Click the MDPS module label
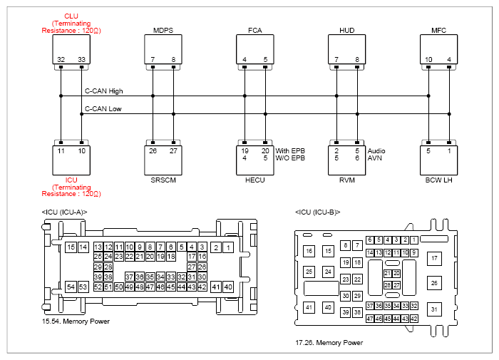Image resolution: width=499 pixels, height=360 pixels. [163, 30]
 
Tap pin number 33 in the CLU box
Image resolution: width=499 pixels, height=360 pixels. [82, 59]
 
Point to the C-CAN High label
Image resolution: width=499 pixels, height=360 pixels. [104, 91]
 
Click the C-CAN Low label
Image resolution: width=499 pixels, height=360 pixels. [103, 109]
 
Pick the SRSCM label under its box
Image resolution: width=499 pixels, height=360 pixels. [163, 180]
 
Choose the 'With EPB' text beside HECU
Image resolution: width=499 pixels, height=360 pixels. [290, 151]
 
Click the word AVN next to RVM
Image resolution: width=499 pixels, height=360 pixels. [374, 158]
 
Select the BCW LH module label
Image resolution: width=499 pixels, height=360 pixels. [439, 180]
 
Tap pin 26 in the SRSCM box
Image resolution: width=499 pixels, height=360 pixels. [153, 151]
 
